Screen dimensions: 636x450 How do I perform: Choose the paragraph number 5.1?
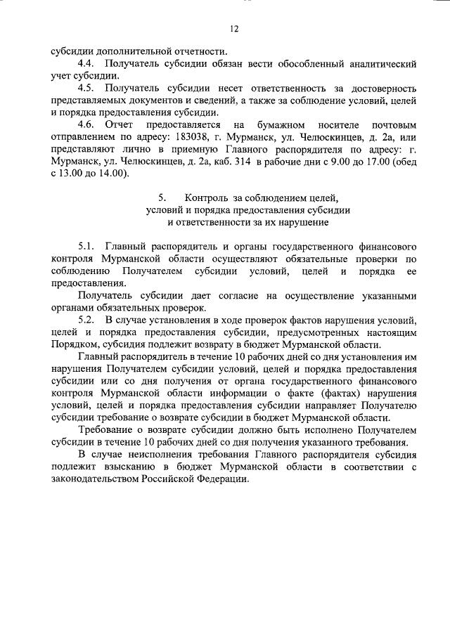87,247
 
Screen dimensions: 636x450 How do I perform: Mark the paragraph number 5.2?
87,320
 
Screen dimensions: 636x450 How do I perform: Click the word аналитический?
380,63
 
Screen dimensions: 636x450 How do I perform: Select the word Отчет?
119,125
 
